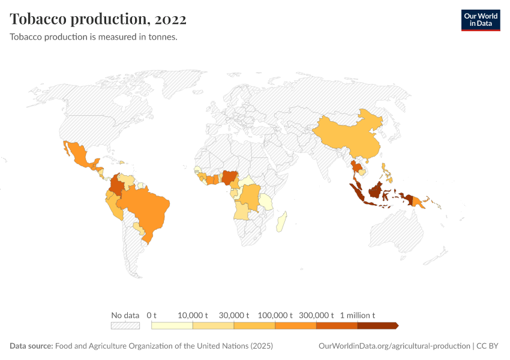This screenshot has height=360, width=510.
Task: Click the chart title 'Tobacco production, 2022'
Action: click(x=98, y=19)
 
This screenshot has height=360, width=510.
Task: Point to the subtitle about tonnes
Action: click(x=93, y=37)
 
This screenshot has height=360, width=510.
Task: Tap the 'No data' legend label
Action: click(x=125, y=315)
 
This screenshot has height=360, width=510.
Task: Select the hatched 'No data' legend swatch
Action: click(x=125, y=326)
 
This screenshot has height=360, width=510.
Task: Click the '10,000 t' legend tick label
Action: click(x=193, y=315)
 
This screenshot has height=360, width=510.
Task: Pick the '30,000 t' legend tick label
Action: click(x=233, y=315)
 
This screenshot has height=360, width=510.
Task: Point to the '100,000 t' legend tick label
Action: click(x=275, y=315)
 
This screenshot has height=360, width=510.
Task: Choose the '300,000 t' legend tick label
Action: click(x=316, y=315)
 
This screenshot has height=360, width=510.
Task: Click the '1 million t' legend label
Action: click(x=358, y=315)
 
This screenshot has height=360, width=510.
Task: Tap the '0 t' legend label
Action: click(x=151, y=315)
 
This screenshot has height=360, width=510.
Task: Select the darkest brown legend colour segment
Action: click(x=377, y=326)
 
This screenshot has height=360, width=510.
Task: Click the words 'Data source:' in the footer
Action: click(x=31, y=346)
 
